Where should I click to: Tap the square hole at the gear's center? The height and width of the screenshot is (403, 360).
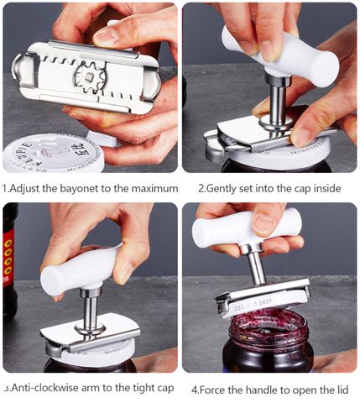(x=90, y=76)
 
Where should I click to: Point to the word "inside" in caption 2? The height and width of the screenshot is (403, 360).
(x=326, y=188)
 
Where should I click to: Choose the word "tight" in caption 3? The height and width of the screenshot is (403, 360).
(x=141, y=389)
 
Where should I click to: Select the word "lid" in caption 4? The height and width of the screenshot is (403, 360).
(x=342, y=390)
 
